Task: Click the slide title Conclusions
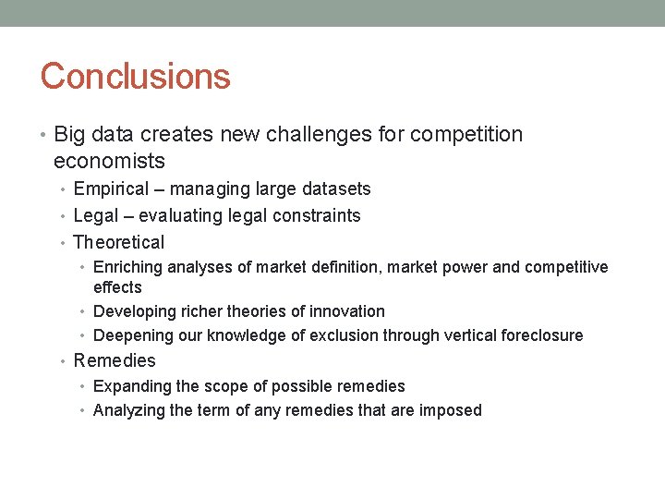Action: click(x=135, y=76)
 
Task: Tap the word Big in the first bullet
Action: click(x=71, y=135)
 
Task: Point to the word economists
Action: click(x=109, y=162)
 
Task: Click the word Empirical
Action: click(x=111, y=189)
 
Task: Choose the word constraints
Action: click(x=316, y=216)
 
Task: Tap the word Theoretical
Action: click(x=118, y=243)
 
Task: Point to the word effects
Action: click(x=117, y=287)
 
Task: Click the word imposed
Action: click(x=453, y=410)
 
